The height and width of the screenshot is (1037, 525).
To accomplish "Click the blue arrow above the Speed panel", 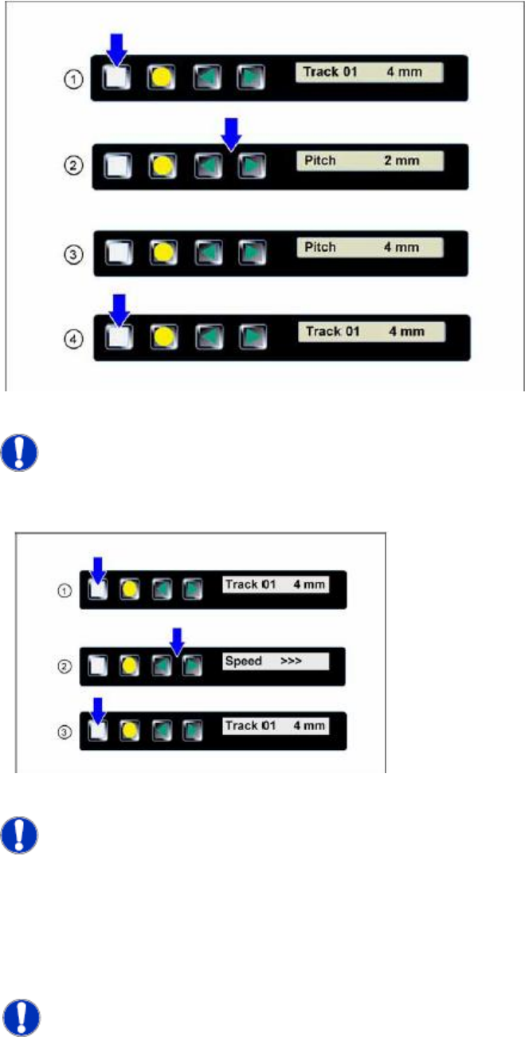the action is [178, 639].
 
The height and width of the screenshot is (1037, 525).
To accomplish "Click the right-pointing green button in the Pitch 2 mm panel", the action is [251, 166].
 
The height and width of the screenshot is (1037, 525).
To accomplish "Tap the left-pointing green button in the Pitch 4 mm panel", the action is [209, 249].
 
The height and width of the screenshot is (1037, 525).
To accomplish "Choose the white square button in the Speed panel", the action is [96, 663].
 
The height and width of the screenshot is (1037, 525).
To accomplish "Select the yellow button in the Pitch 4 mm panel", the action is [163, 249].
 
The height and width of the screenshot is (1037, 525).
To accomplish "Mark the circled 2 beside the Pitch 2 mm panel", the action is [72, 166].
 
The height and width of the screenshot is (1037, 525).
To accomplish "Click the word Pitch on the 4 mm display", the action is [320, 247].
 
